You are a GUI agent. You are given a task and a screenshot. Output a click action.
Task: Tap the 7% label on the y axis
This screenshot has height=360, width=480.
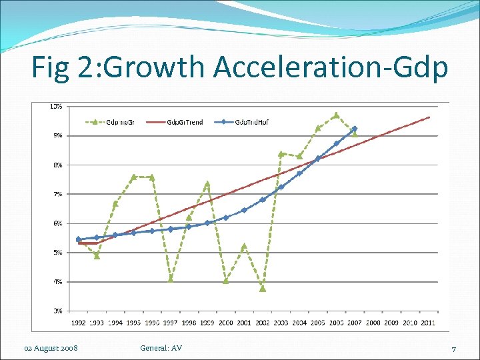click(58, 194)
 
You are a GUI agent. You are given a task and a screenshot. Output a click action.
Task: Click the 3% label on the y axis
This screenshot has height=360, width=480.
click(58, 311)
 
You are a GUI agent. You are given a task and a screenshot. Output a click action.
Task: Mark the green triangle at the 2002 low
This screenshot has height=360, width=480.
click(263, 289)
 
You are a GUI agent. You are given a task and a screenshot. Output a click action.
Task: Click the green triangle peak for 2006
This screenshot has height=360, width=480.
click(337, 115)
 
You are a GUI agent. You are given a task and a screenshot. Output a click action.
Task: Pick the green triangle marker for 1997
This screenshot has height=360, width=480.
click(171, 279)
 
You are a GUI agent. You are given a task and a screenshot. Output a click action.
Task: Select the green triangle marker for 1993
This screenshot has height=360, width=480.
click(97, 255)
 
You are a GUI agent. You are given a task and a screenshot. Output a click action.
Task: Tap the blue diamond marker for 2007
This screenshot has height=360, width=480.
click(355, 129)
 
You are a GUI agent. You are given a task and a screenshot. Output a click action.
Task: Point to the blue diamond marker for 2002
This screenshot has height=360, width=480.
click(263, 199)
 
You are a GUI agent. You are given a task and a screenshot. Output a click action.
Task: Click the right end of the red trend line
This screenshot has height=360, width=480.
click(429, 117)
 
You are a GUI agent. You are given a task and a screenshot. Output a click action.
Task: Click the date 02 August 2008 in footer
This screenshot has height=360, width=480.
click(50, 348)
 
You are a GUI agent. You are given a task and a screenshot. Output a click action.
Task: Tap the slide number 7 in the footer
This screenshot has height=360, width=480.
click(453, 349)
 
